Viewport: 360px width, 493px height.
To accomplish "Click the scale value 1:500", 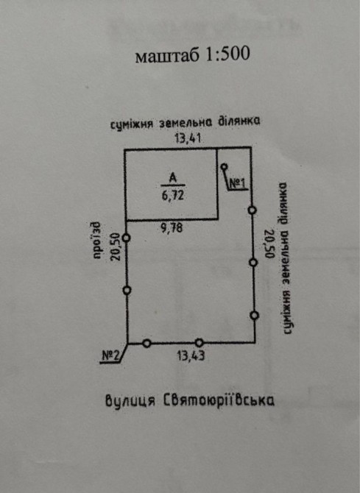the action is (227, 54).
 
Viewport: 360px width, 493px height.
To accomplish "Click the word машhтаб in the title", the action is (167, 56).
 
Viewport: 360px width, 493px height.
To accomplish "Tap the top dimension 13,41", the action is (188, 138).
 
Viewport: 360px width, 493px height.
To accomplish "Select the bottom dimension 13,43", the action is (191, 355).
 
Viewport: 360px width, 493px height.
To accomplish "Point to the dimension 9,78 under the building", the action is (172, 227).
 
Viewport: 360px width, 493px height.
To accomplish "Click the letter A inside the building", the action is (173, 177).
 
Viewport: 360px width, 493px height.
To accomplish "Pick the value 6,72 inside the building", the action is (173, 196).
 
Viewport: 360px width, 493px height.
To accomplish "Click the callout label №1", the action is (238, 183).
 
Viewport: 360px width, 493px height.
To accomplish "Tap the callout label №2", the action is (110, 355).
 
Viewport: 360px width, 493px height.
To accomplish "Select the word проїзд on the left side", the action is (96, 240).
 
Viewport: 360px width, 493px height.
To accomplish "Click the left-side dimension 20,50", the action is (116, 246).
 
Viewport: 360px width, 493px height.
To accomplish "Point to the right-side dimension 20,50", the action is (270, 244).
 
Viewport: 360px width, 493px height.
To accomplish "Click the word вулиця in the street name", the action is (130, 401).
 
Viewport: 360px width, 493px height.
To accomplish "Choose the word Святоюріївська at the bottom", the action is (219, 400).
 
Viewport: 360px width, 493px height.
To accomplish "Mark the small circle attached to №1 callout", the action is (224, 166).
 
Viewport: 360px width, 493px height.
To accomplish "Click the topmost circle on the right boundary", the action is (252, 210).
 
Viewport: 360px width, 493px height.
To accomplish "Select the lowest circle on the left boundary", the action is (127, 290).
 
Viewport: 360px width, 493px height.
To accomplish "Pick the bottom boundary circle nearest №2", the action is (147, 344).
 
